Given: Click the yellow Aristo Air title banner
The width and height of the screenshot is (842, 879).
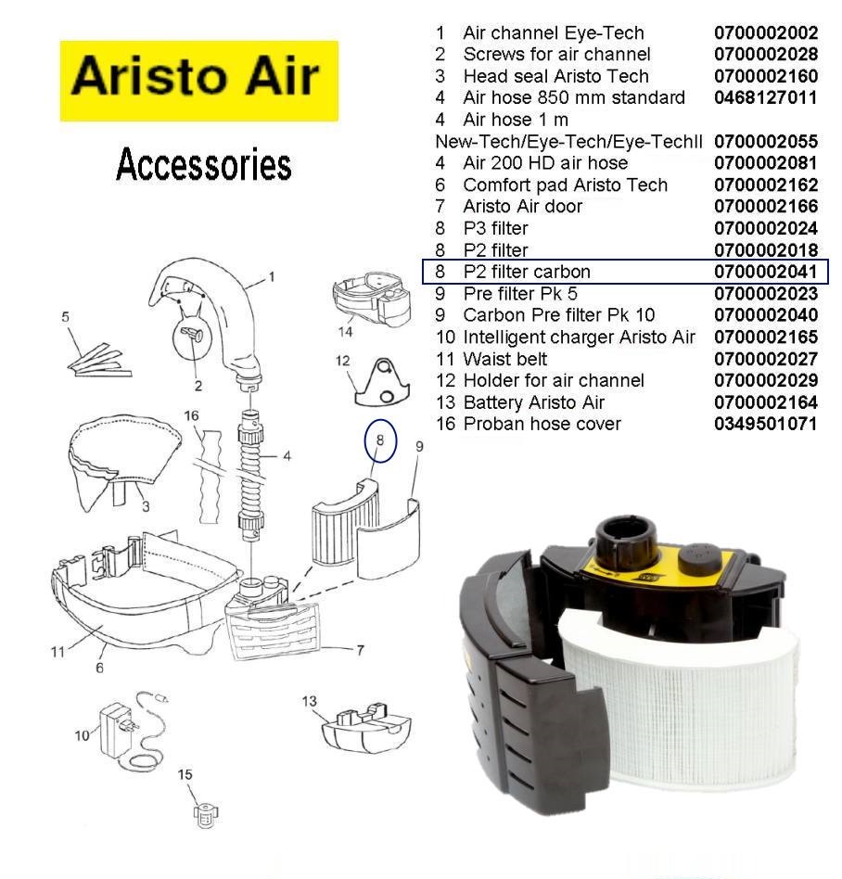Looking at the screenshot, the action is click(199, 81).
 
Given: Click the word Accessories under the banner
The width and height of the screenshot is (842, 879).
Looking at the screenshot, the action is click(203, 164).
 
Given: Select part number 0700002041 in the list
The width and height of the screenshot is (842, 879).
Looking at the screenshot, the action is click(766, 272).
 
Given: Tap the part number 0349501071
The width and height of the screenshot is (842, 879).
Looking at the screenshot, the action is click(766, 424).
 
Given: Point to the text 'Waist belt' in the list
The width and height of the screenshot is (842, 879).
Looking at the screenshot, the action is click(505, 359).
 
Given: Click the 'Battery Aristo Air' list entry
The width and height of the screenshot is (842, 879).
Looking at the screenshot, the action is click(534, 402).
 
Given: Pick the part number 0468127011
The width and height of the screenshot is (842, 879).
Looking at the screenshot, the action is click(766, 97).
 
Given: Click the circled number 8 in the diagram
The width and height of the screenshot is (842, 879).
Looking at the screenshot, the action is click(380, 440).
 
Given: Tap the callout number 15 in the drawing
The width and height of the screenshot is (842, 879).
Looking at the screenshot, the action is click(185, 774).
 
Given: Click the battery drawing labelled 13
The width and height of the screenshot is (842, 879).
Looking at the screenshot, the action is click(366, 728).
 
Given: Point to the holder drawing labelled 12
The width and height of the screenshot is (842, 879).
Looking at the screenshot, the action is click(382, 384).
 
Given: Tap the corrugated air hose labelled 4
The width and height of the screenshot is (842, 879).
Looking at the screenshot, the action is click(251, 477).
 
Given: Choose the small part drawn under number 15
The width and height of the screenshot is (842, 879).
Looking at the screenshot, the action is click(206, 816).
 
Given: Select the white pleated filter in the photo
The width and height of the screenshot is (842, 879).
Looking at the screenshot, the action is click(682, 701).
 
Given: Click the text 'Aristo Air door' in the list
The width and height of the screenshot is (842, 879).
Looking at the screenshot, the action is click(522, 206).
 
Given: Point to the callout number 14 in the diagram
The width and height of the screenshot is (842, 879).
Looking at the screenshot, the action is click(345, 332).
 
